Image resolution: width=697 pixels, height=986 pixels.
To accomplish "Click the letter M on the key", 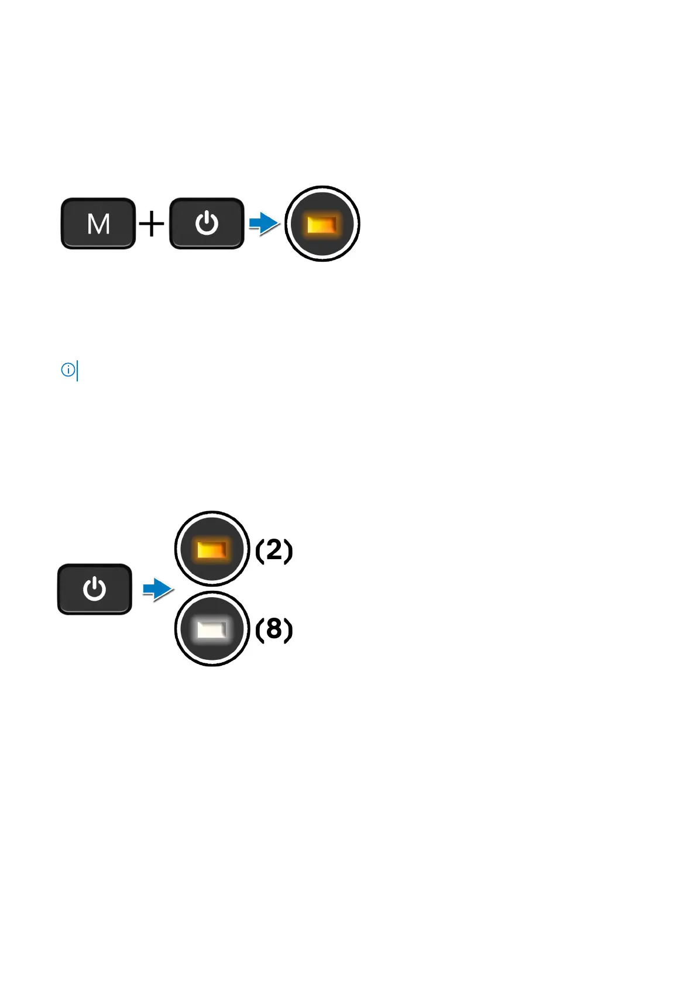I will coord(98,224).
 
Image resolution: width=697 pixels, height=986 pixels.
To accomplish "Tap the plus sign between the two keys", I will coord(152,224).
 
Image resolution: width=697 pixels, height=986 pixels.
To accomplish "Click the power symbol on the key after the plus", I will coord(207,224).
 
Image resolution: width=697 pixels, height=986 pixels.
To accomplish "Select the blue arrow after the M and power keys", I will coord(263,223).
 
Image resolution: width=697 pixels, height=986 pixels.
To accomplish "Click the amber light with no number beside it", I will coord(322,224).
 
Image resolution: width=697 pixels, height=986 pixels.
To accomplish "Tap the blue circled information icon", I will coord(68,370).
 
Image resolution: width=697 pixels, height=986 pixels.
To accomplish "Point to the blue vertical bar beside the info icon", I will coord(77,371).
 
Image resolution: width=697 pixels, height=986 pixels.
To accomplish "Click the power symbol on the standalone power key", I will coord(94,589).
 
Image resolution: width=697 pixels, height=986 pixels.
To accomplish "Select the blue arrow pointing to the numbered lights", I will coord(157,588).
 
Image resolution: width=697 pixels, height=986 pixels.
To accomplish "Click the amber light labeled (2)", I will coord(212,549).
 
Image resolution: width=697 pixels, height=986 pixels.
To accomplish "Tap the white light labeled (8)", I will coord(212,629).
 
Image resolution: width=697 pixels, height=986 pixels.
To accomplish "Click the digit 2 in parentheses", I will coord(274,549).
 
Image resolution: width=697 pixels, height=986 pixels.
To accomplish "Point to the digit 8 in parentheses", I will coord(274,629).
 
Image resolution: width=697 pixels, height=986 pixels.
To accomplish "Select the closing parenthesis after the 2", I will coord(288,550).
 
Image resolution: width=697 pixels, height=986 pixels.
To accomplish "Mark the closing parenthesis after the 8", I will coord(288,630).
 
